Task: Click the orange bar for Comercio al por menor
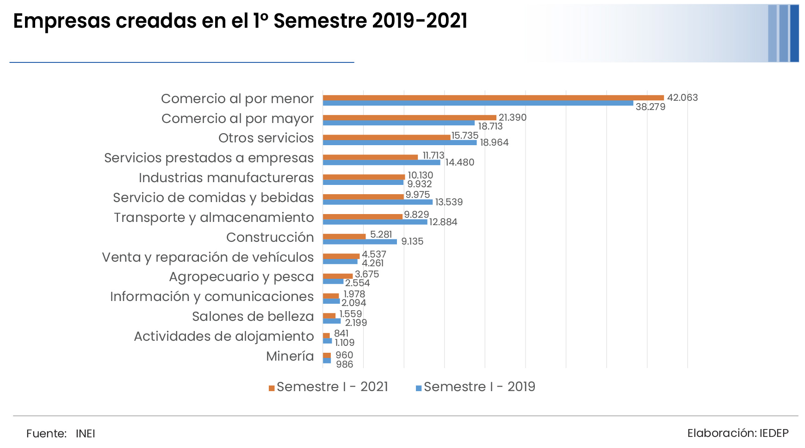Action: (x=493, y=98)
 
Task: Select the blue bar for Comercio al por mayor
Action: (x=398, y=123)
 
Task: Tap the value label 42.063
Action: (x=682, y=98)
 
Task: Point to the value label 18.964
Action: (x=494, y=142)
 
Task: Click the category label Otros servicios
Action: (x=266, y=138)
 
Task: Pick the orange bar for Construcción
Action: (x=344, y=237)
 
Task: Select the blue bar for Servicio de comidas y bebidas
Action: (x=378, y=202)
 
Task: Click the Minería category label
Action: (x=290, y=356)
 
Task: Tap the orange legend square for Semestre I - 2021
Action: (x=272, y=388)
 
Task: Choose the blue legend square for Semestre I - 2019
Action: (x=419, y=388)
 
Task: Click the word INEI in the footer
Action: (x=85, y=434)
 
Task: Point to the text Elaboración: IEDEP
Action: (x=737, y=433)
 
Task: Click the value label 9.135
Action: (x=412, y=241)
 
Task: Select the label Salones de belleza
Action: (x=253, y=316)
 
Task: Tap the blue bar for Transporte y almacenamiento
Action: (x=375, y=222)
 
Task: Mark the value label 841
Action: (x=341, y=333)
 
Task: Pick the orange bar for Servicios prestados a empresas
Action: (x=370, y=157)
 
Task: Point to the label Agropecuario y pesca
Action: (x=241, y=276)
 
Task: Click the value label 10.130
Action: (x=420, y=175)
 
